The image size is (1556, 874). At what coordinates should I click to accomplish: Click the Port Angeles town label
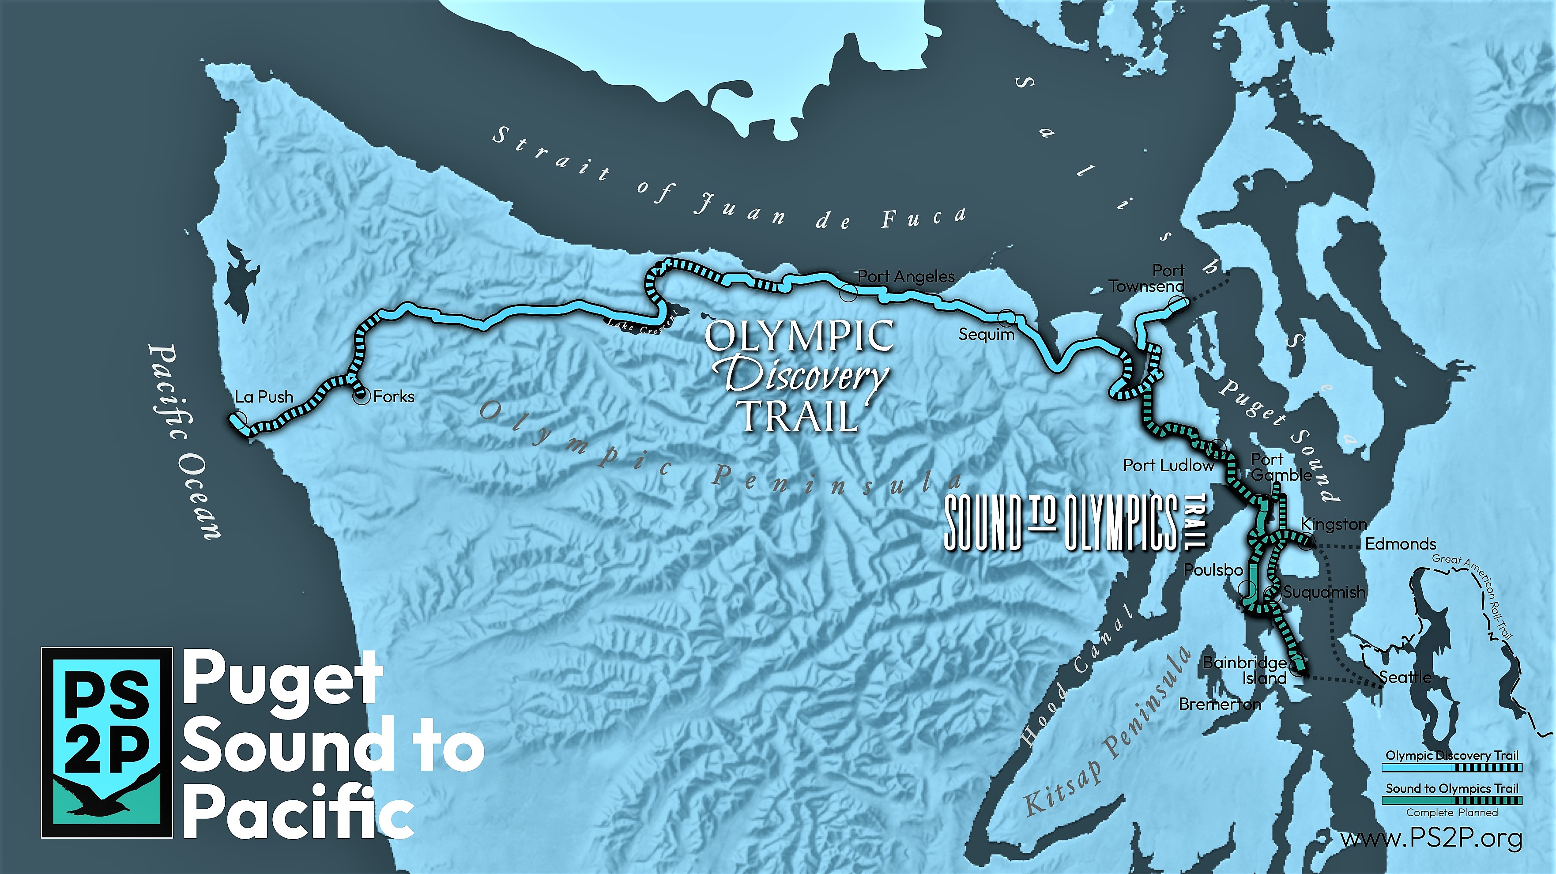906,277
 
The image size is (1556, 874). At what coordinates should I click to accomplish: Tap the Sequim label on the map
987,334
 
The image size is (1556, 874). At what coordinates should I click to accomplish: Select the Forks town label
394,397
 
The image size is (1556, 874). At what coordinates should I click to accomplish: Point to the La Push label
264,397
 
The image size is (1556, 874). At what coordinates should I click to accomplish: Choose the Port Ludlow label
1168,465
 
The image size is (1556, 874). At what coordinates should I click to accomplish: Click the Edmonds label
1400,544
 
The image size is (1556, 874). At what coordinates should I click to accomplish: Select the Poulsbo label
1213,569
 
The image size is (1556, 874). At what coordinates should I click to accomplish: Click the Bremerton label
1220,704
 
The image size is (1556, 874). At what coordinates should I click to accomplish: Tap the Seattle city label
1405,677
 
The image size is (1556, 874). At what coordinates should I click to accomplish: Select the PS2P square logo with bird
107,742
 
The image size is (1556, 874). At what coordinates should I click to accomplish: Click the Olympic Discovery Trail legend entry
1451,756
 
